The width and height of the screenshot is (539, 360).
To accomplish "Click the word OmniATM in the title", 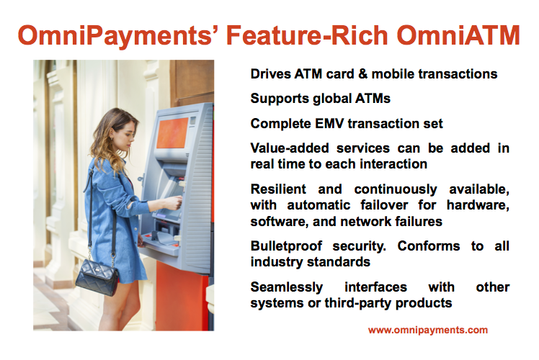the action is click(x=458, y=35).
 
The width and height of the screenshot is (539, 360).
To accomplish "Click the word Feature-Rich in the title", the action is click(x=307, y=35).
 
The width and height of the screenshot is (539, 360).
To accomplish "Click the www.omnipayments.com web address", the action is click(x=427, y=330).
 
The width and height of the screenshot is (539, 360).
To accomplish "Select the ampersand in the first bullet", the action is click(x=362, y=74).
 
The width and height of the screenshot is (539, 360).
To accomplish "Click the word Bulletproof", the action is click(x=286, y=246).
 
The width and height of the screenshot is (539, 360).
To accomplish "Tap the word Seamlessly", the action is click(x=287, y=287).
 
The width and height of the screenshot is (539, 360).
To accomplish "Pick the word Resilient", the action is click(x=278, y=189).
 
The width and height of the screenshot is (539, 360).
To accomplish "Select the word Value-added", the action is click(x=290, y=148).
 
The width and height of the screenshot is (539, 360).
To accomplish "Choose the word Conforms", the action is click(x=428, y=246).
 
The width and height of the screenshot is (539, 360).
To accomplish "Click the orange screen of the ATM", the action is click(x=172, y=133).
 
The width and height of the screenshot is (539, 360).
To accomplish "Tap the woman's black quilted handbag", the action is click(x=97, y=277).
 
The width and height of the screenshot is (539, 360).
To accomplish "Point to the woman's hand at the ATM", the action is click(x=174, y=202).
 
